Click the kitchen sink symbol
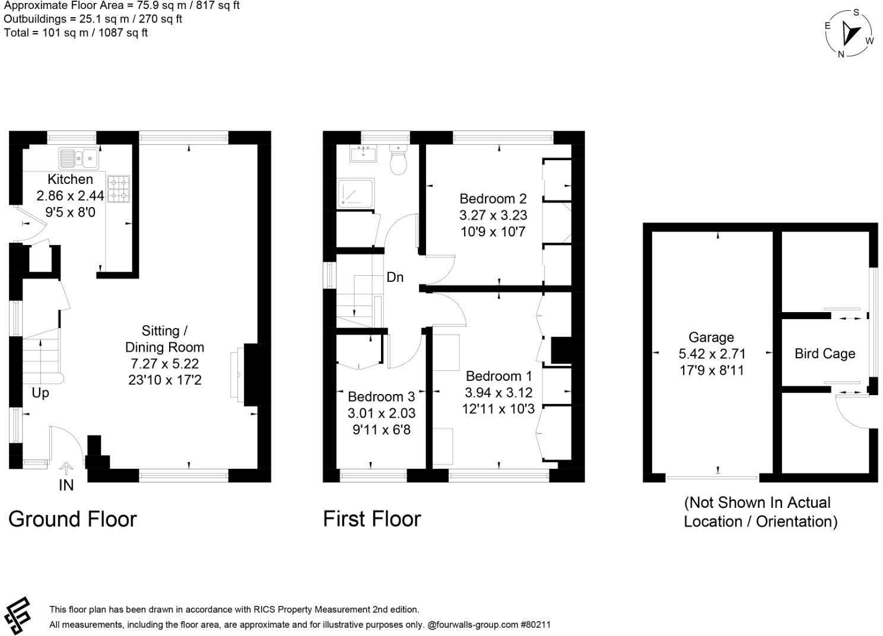click(78, 158)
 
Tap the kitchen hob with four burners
click(118, 188)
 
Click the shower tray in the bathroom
click(356, 193)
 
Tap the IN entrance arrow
click(66, 469)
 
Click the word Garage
click(711, 338)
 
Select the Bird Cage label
click(824, 354)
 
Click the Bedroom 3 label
click(381, 397)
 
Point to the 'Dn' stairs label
click(395, 277)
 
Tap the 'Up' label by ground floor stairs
click(40, 393)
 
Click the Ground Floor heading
click(72, 519)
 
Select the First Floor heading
click(371, 519)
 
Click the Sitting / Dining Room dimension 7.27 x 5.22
click(164, 364)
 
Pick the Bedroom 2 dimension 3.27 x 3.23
click(493, 215)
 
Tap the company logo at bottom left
click(18, 616)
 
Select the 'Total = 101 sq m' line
click(75, 33)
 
